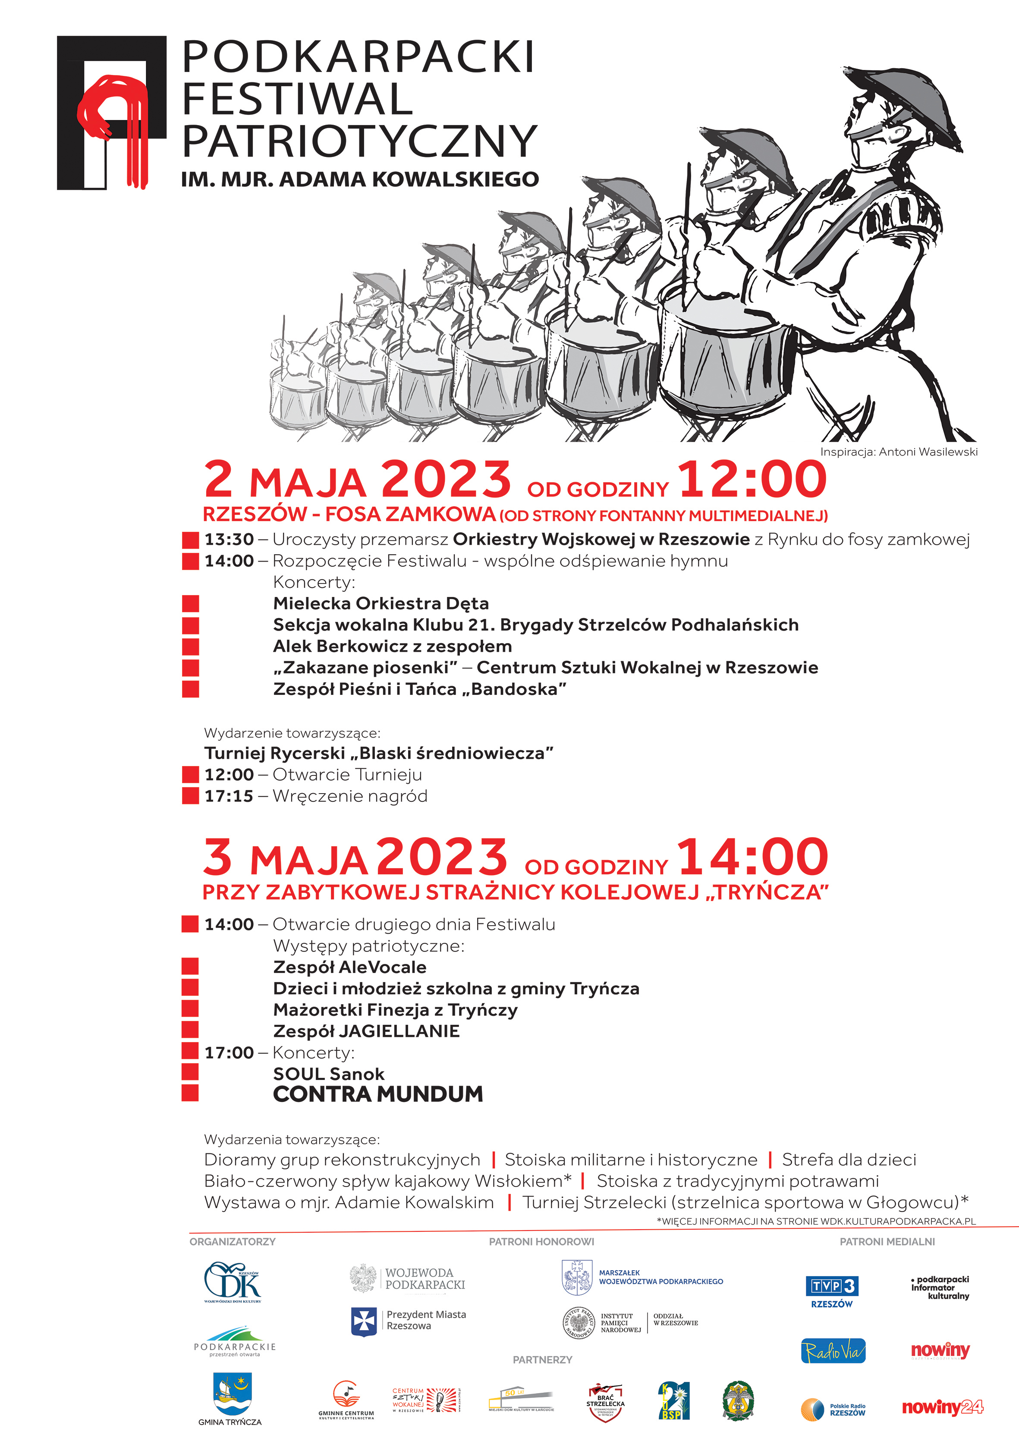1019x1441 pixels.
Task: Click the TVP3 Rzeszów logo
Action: tap(831, 1292)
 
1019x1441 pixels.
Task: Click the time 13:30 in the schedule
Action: tap(229, 539)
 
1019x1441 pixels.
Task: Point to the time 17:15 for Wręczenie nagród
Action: tap(229, 796)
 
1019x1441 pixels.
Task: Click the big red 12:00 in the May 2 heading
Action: tap(752, 480)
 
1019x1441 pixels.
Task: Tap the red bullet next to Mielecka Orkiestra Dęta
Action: tap(190, 603)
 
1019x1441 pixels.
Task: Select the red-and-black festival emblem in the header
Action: tap(112, 113)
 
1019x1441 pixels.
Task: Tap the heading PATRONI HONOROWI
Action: tap(541, 1241)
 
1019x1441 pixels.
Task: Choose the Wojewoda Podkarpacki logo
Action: tap(408, 1278)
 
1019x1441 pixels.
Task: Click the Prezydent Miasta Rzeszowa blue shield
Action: tap(364, 1321)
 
